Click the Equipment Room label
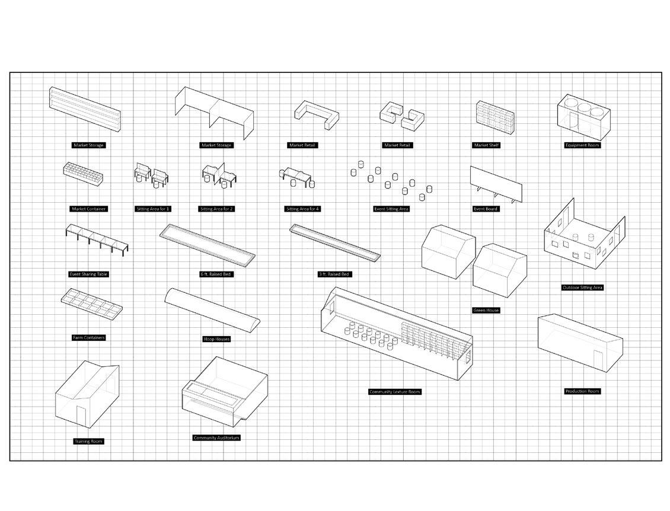tap(582, 145)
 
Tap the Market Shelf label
tap(486, 145)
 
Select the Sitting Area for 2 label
tap(216, 209)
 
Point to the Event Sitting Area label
tap(391, 209)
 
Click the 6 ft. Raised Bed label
tap(216, 274)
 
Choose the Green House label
tap(486, 310)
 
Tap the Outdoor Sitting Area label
tap(582, 288)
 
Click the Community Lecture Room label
tap(395, 392)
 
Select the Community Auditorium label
tap(217, 437)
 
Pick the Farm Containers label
tap(89, 338)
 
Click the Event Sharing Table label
tap(89, 274)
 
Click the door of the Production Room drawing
tap(598, 359)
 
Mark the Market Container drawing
tap(84, 173)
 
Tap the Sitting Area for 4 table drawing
tap(298, 175)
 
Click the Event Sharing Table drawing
tap(97, 239)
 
